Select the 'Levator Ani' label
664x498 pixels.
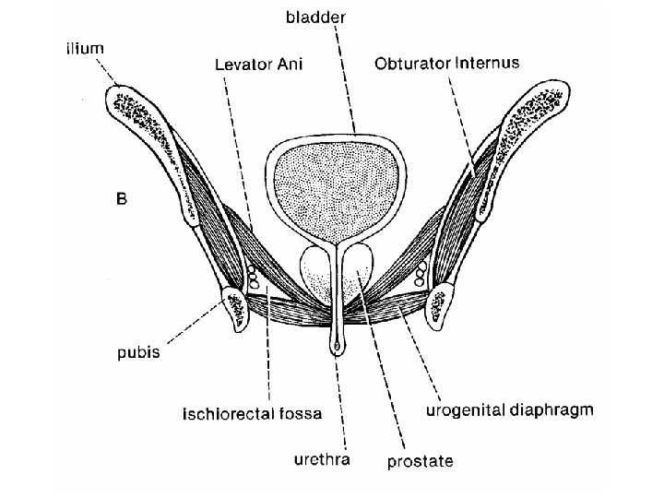point(258,65)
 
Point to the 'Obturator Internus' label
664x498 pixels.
point(447,64)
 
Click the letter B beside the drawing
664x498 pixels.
point(121,197)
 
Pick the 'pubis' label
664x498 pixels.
point(138,351)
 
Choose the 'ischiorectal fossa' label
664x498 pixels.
point(251,414)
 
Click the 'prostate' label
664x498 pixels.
point(421,461)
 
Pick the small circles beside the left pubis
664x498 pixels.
point(253,278)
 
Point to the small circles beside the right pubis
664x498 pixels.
point(421,273)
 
